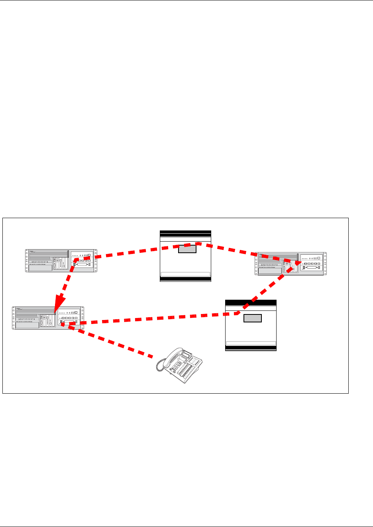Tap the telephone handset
[x=167, y=358]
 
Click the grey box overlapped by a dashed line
[x=187, y=248]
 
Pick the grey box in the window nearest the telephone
[x=252, y=318]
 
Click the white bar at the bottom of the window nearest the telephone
[x=251, y=343]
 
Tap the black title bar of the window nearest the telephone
[x=251, y=303]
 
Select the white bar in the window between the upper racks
[x=185, y=274]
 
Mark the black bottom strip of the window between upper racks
[x=185, y=279]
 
